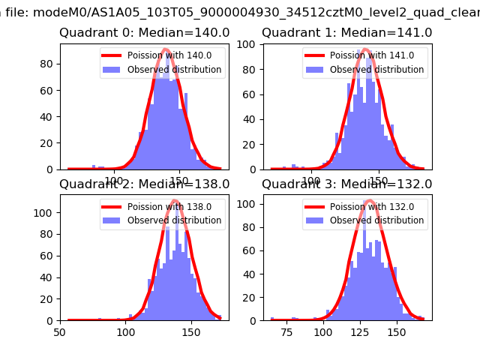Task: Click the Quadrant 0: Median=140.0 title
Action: (x=145, y=33)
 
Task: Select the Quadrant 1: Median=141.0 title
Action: (x=346, y=33)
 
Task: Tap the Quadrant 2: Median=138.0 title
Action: (x=145, y=184)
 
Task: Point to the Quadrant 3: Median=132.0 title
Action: (x=346, y=184)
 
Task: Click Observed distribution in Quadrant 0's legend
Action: (x=174, y=70)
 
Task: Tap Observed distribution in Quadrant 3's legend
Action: (x=376, y=220)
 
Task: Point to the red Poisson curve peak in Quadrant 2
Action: (x=174, y=200)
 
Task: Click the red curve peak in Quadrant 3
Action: (x=369, y=200)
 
